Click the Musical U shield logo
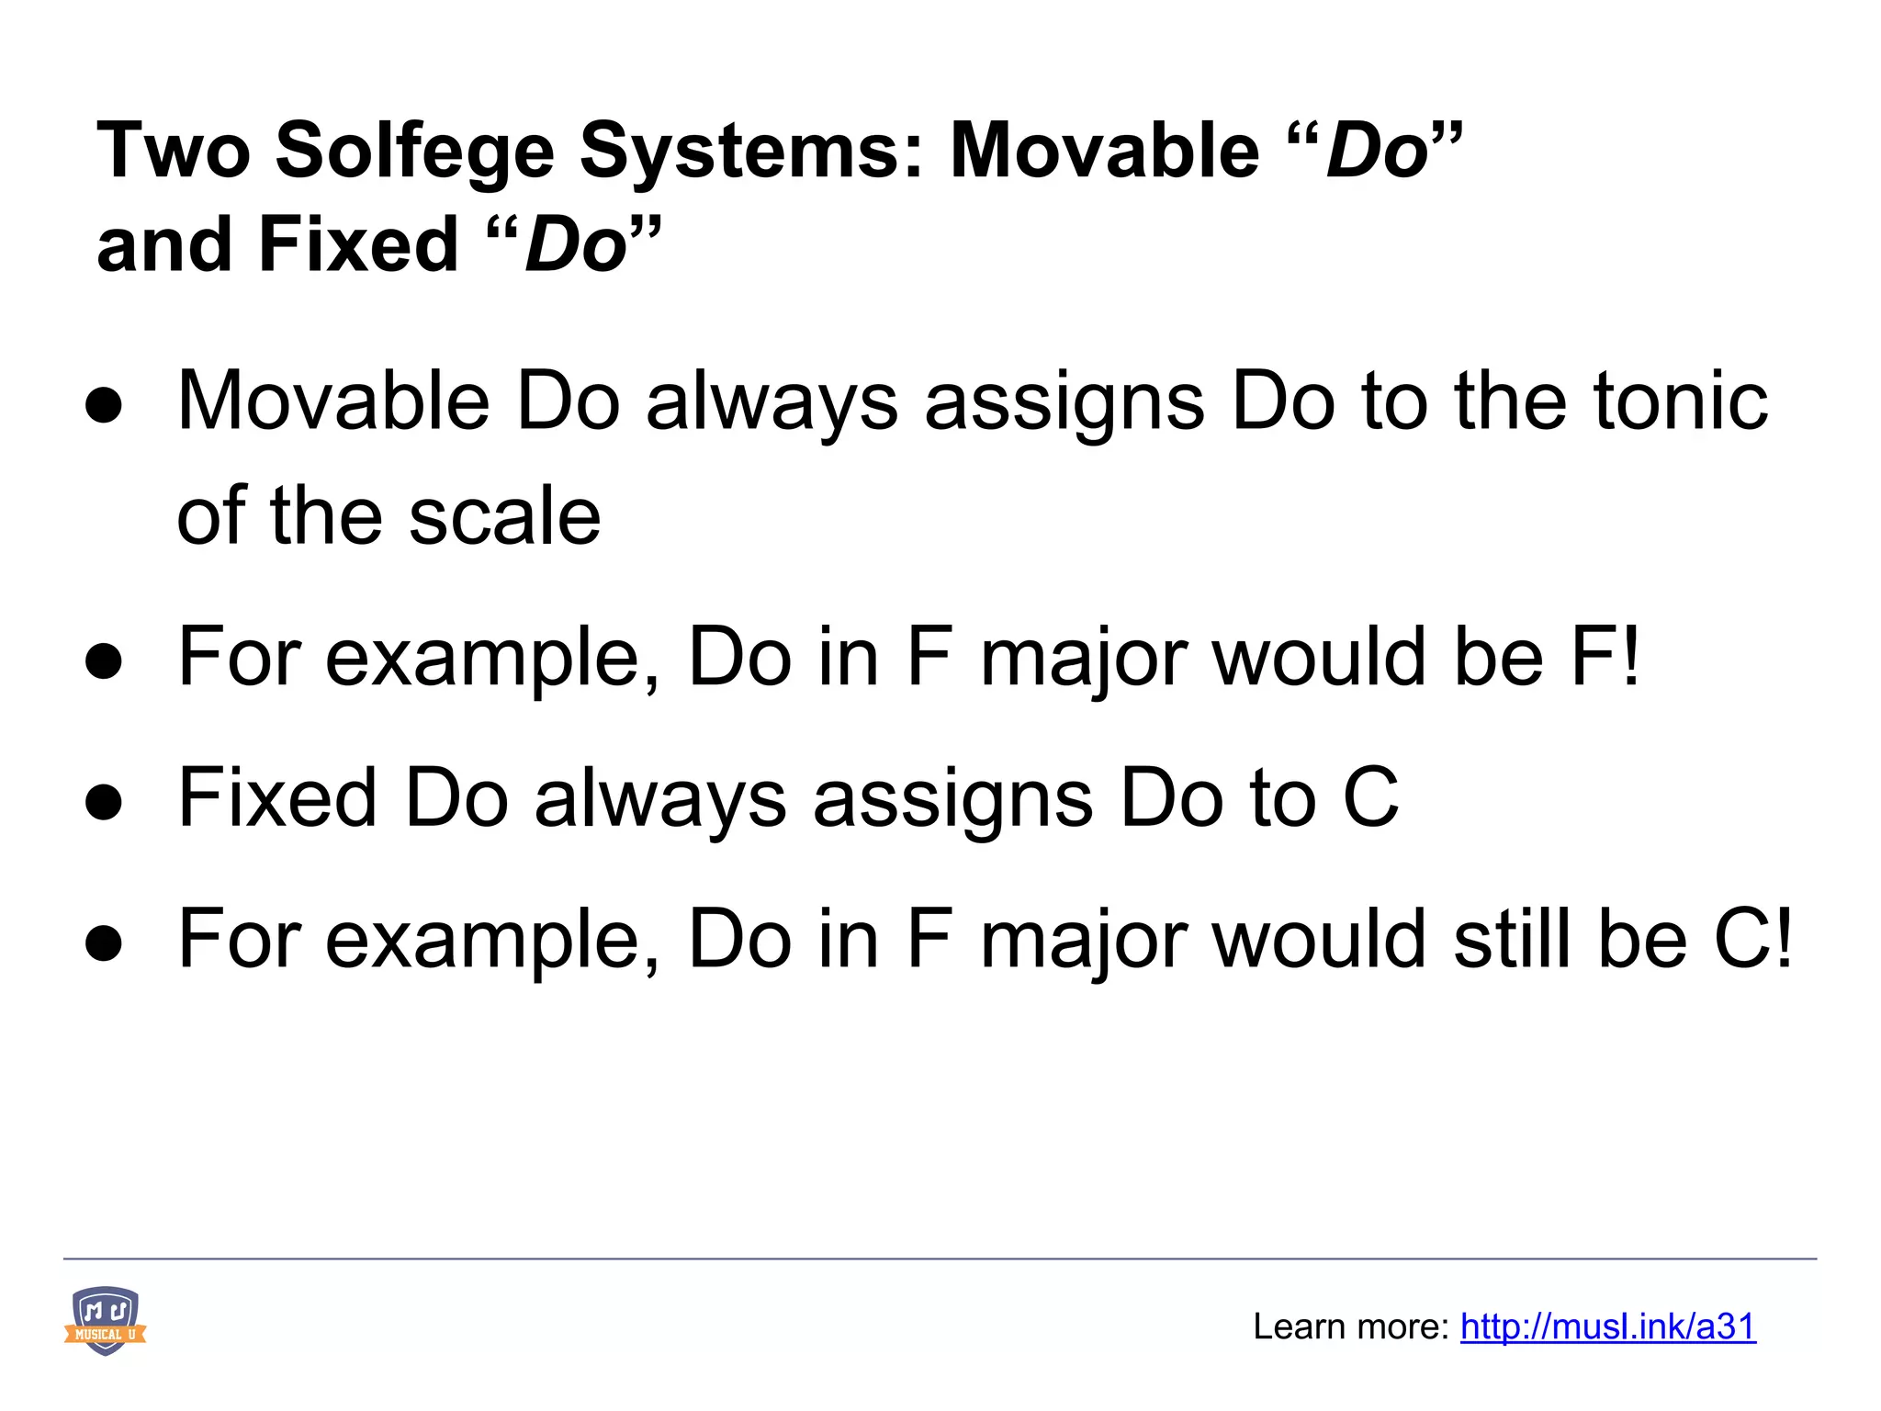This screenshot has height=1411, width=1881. [105, 1321]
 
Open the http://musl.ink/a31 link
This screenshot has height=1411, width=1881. [1607, 1326]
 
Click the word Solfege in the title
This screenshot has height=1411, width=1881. [414, 151]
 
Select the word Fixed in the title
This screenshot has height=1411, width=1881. [358, 244]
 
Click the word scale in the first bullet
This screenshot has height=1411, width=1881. [504, 516]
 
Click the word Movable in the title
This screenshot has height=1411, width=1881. [1104, 151]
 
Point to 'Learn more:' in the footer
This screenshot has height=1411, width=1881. [1351, 1326]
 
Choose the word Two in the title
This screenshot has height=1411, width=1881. [173, 151]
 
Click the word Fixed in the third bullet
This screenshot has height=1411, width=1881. [277, 797]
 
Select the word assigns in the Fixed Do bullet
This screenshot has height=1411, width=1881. [952, 797]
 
